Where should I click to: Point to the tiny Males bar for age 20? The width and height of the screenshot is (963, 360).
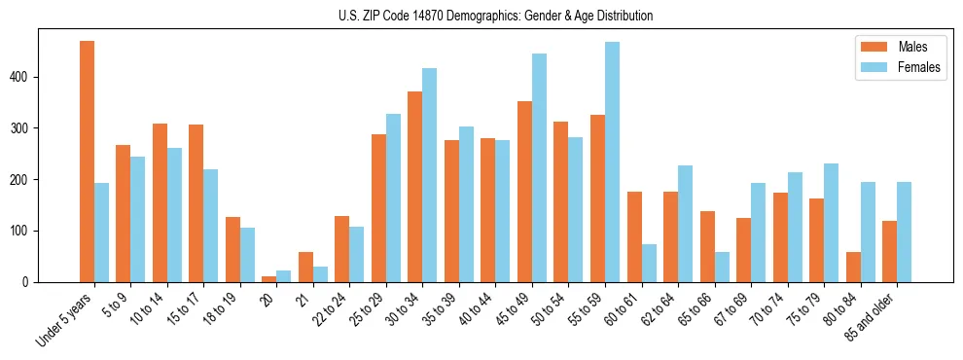pyautogui.click(x=269, y=279)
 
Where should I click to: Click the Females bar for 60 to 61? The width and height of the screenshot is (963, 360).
pyautogui.click(x=649, y=263)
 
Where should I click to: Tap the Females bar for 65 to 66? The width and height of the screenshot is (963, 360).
pyautogui.click(x=722, y=267)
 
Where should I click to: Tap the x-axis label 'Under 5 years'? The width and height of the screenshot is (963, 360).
pyautogui.click(x=65, y=319)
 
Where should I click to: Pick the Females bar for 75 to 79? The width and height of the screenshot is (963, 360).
pyautogui.click(x=831, y=223)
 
